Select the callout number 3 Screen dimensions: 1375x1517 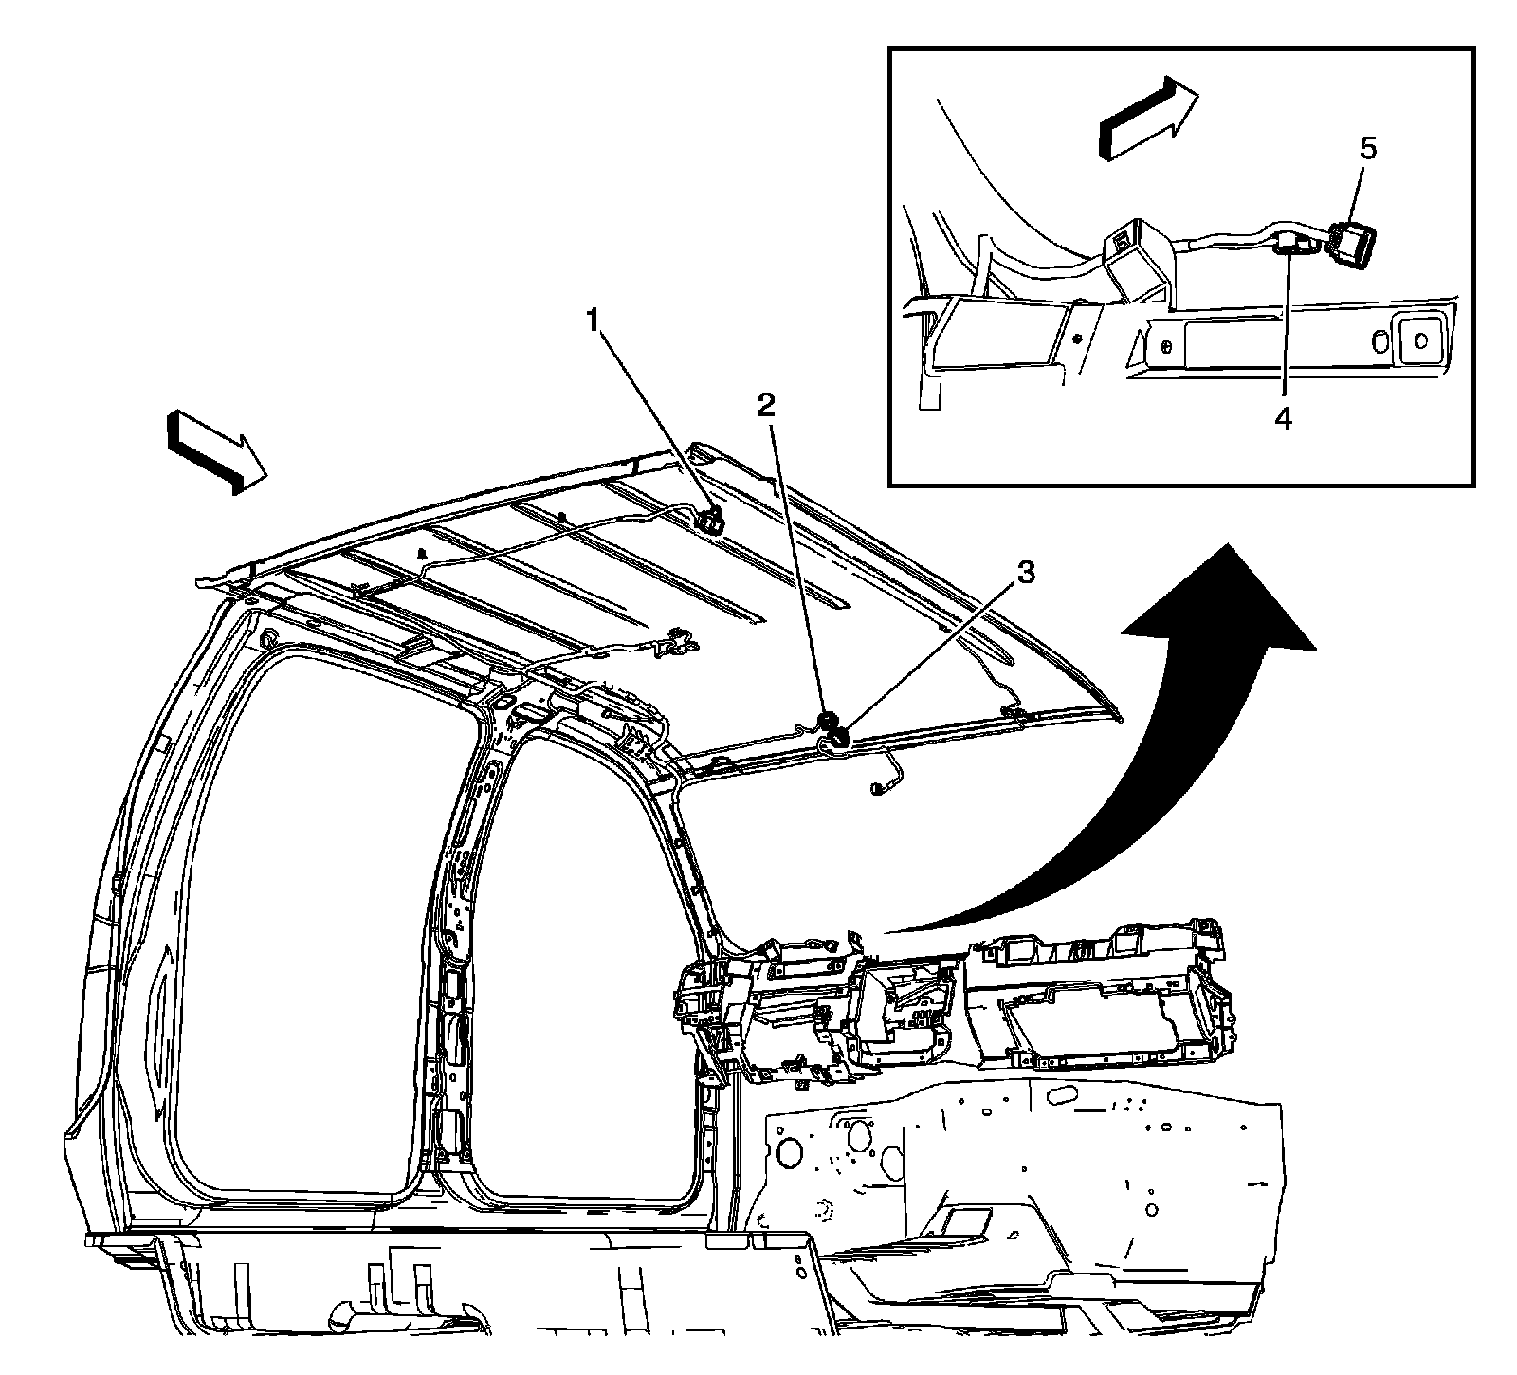click(1024, 573)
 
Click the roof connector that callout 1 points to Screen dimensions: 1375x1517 click(711, 519)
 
